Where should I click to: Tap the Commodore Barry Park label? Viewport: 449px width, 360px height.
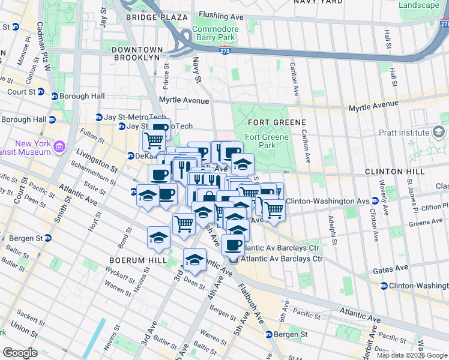point(215,34)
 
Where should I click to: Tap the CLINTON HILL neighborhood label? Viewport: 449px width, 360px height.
point(394,172)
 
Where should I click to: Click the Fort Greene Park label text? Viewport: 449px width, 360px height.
point(260,141)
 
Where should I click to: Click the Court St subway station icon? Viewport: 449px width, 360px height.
point(41,92)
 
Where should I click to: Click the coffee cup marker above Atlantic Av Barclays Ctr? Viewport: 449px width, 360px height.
point(234,244)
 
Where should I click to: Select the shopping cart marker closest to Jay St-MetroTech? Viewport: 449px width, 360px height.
point(154,141)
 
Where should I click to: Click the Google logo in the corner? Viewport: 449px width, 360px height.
point(19,353)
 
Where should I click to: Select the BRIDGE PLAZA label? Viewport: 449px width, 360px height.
point(157,17)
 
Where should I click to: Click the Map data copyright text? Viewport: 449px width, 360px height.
point(412,355)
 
